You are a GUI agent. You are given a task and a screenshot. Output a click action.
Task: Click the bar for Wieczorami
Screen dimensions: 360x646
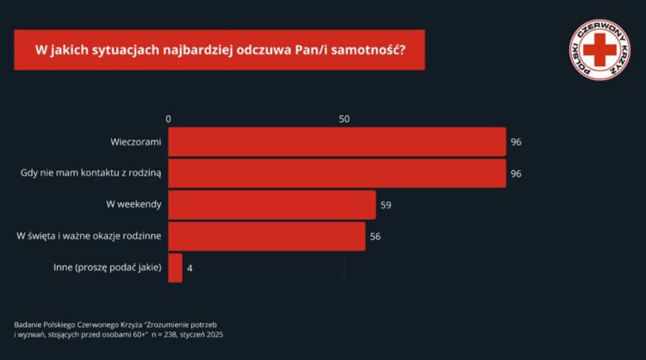(x=336, y=141)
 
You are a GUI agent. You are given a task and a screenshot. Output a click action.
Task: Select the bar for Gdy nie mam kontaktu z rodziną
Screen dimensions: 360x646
(x=336, y=173)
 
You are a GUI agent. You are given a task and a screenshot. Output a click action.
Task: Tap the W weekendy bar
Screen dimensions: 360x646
(x=271, y=205)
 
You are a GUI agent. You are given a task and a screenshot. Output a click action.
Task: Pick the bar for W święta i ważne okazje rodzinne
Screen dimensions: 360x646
(x=266, y=236)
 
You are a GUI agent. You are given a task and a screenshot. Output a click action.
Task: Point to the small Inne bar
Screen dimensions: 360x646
(x=175, y=268)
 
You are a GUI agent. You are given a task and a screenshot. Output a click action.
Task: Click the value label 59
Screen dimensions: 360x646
(x=387, y=205)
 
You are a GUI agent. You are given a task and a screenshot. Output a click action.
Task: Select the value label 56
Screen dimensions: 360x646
(x=376, y=236)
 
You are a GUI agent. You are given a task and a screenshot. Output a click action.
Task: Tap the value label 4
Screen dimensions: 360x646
(x=189, y=268)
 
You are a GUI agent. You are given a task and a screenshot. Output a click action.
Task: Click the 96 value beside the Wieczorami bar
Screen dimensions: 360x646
(x=517, y=141)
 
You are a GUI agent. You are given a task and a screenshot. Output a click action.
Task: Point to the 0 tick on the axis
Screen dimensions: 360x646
(x=169, y=119)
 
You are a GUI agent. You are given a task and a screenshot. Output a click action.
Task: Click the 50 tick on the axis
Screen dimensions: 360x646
(x=345, y=119)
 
